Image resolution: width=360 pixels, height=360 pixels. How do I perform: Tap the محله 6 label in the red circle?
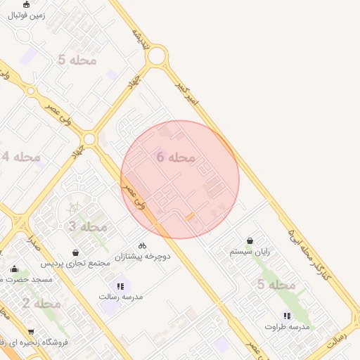(x=175, y=157)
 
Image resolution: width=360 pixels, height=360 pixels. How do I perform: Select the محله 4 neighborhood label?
(x=21, y=156)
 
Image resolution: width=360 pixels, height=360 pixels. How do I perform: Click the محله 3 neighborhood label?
(x=87, y=226)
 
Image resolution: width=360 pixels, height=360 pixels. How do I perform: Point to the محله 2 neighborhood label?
(x=41, y=304)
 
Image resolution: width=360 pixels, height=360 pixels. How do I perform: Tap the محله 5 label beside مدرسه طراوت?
(x=276, y=285)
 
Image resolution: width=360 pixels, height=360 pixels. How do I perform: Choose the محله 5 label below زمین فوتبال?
(x=77, y=60)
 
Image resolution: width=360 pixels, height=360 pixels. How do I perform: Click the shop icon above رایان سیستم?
(x=250, y=240)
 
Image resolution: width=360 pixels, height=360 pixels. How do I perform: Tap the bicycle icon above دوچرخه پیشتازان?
(x=142, y=245)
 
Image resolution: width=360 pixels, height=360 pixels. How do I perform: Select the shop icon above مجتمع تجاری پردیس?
(x=75, y=252)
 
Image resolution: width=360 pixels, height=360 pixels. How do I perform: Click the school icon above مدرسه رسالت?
(x=120, y=286)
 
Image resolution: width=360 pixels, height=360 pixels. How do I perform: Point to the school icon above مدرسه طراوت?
(x=286, y=316)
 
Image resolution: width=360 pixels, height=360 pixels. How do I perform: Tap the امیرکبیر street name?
(x=187, y=94)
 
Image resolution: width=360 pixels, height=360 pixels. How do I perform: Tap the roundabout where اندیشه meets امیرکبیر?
(x=156, y=55)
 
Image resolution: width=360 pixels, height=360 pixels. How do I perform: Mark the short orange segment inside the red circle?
(x=190, y=217)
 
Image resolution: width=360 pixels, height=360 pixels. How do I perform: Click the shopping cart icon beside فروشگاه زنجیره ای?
(x=31, y=331)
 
